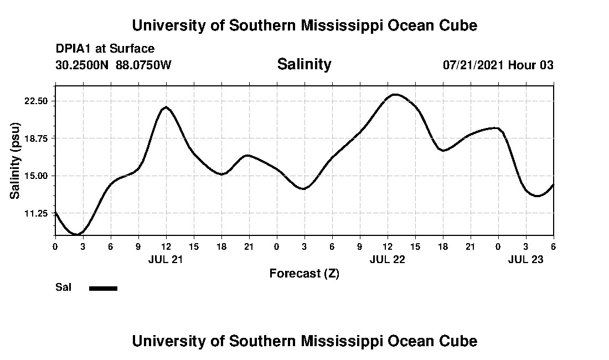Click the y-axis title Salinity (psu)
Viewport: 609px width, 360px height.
15,160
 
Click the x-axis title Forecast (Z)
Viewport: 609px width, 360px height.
304,273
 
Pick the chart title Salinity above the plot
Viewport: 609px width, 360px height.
304,64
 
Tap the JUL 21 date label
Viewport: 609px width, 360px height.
166,259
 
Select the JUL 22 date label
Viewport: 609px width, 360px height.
387,259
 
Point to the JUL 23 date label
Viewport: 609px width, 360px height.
525,259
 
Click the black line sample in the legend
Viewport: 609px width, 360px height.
103,288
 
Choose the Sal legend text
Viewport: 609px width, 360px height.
64,287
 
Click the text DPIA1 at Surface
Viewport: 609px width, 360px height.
105,49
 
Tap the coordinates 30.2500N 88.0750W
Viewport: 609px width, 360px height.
113,65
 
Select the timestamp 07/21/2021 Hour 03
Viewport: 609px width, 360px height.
498,65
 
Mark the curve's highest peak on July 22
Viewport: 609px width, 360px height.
395,94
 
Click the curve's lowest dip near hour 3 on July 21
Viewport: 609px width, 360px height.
77,234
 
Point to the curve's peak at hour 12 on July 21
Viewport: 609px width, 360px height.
165,107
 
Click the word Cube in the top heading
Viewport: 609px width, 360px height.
457,25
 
